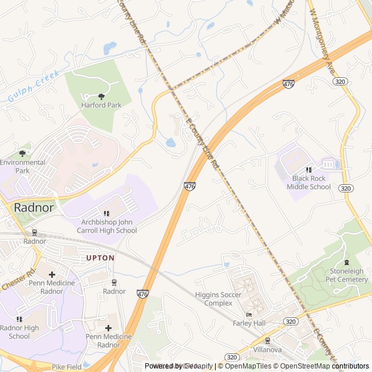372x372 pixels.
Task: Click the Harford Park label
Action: tap(101, 105)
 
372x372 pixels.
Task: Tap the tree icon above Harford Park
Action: tap(102, 96)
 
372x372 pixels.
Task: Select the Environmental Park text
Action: tap(22, 166)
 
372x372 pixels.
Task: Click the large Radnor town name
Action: tap(34, 208)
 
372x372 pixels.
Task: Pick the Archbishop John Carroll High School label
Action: tap(105, 226)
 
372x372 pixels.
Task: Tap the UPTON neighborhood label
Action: tap(101, 257)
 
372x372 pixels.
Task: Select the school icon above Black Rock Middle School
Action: tap(309, 170)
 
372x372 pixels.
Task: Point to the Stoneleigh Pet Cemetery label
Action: tap(346, 275)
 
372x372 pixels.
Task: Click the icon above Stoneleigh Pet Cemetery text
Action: tap(347, 262)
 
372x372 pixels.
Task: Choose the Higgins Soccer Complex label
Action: tap(218, 299)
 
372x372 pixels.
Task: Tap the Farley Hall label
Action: tap(249, 323)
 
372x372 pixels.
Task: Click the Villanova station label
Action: tap(267, 350)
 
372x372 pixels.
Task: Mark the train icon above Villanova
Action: tap(267, 341)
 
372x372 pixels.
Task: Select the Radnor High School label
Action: tap(19, 332)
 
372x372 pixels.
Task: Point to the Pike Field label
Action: tap(66, 367)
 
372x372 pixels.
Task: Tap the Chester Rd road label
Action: tap(19, 280)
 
